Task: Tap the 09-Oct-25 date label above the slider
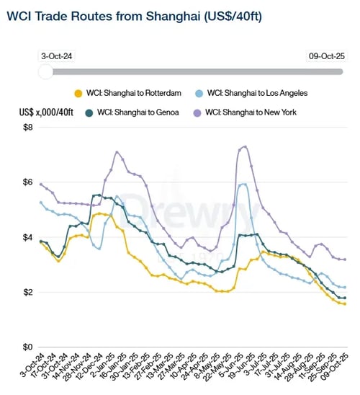[x=328, y=55]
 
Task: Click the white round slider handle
[x=45, y=71]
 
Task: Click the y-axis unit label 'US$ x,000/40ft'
[x=48, y=112]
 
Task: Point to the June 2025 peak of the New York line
[x=245, y=146]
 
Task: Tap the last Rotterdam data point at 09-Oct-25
[x=344, y=303]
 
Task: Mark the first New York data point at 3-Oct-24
[x=41, y=184]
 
